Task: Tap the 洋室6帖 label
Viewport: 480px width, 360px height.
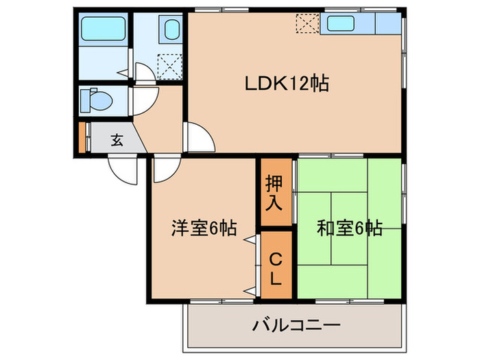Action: point(204,228)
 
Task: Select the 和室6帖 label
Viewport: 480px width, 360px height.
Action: point(349,228)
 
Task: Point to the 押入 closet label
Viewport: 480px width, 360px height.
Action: point(274,192)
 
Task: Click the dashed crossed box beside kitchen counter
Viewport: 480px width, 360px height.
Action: point(307,24)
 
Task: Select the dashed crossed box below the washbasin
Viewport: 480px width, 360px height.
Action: point(169,67)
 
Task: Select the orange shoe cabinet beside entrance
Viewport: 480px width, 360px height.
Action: point(82,137)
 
